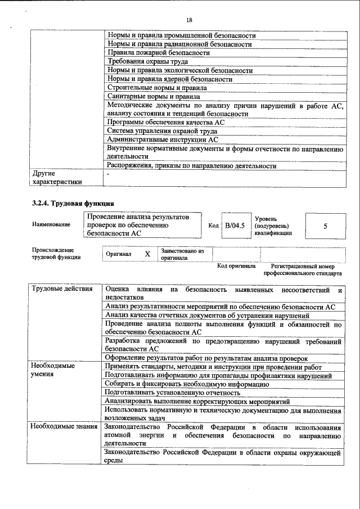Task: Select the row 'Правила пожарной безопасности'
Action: [159, 53]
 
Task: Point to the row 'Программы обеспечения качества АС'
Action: [165, 122]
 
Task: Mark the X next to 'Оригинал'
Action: [147, 254]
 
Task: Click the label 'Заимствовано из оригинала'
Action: [182, 254]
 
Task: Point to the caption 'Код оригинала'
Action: [236, 267]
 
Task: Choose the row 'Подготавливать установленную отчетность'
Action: [172, 393]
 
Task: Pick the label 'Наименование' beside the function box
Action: [51, 225]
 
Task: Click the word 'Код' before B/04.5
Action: [213, 226]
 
